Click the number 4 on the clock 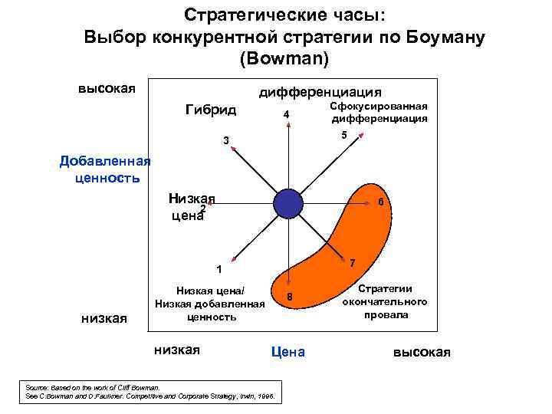286,115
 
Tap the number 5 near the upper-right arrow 343,135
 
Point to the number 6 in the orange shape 381,202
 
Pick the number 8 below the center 290,297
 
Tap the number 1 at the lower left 219,269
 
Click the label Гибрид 211,110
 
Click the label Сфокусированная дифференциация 379,113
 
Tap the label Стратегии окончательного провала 385,301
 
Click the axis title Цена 287,352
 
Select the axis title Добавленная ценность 105,169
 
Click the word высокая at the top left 107,88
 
